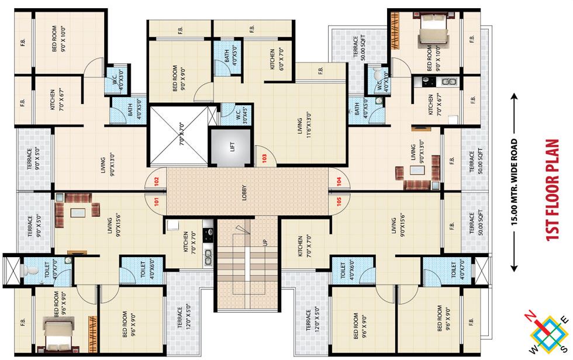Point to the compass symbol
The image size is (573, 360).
[548, 333]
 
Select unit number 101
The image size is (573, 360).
[156, 203]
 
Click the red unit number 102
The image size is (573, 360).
[156, 181]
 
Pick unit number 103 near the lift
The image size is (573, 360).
[264, 157]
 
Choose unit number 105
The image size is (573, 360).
[339, 203]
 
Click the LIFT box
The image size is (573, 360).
[232, 146]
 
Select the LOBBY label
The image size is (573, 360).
[244, 193]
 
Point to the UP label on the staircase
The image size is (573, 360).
[265, 241]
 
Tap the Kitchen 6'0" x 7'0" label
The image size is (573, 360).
[276, 59]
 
